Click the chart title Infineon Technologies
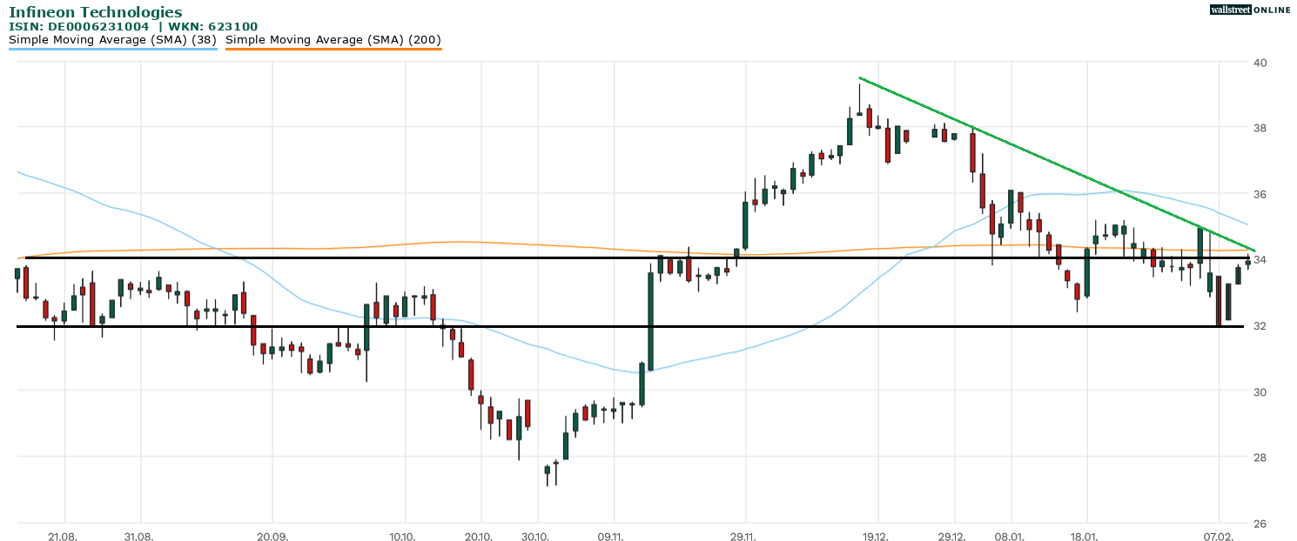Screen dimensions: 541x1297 (x=96, y=12)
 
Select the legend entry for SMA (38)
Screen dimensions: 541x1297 (x=112, y=40)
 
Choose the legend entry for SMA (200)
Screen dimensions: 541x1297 (x=333, y=40)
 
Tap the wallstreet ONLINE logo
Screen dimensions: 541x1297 (x=1250, y=10)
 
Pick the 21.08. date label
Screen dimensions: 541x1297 (x=64, y=537)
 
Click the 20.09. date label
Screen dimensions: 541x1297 (x=272, y=537)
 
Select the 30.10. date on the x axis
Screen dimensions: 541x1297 (x=536, y=537)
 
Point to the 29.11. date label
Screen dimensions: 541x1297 (x=743, y=537)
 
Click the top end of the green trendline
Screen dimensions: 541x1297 (x=859, y=78)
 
